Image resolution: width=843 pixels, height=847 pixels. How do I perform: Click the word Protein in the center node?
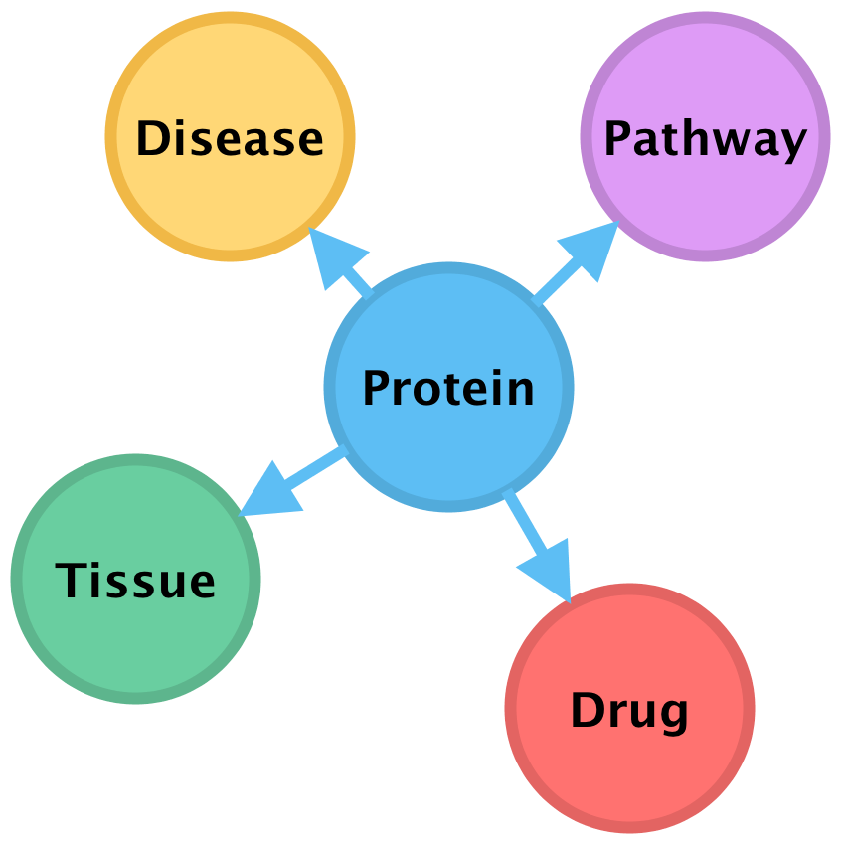(x=448, y=388)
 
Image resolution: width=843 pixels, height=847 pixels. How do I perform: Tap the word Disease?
(x=230, y=138)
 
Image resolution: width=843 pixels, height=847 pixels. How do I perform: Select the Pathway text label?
(x=705, y=139)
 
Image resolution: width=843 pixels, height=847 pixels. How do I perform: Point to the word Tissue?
(x=135, y=580)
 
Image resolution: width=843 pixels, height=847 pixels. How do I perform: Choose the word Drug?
(x=629, y=711)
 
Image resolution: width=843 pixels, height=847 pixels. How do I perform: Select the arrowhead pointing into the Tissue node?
(x=268, y=493)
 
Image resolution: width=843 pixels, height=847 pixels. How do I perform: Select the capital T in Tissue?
(x=70, y=580)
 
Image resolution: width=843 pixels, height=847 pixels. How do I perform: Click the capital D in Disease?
(x=151, y=138)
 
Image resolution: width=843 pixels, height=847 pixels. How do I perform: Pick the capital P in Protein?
(x=376, y=388)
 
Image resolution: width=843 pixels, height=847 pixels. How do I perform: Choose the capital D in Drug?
(x=587, y=710)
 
